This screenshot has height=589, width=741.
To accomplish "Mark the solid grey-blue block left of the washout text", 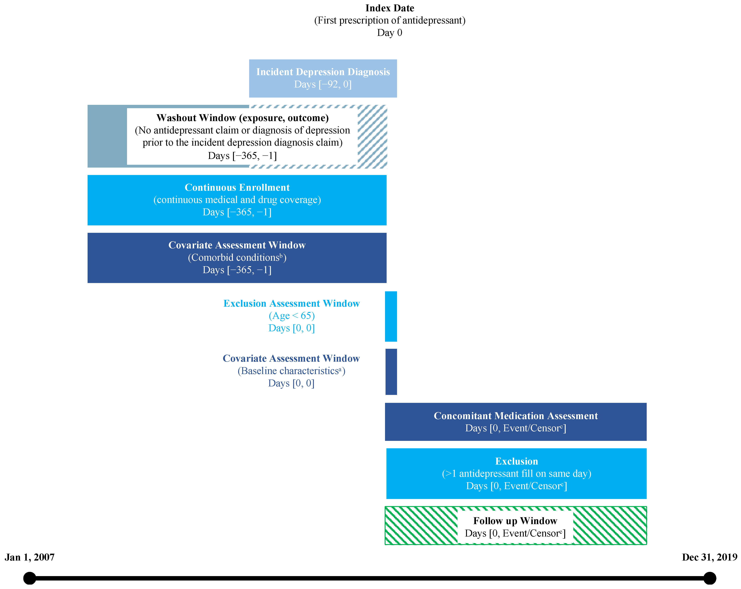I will pos(107,136).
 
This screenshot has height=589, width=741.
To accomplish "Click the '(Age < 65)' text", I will pos(291,316).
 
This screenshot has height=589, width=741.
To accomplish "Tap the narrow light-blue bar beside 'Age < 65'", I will pos(391,316).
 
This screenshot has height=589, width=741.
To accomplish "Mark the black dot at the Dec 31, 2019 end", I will pos(709,578).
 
